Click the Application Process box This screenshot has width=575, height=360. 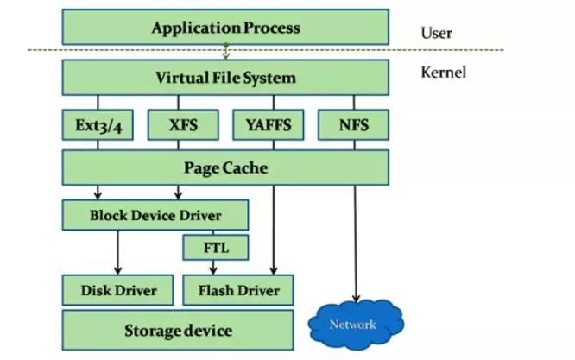pos(225,28)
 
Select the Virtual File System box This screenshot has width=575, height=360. pos(225,78)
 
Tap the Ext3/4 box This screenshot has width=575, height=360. pos(97,125)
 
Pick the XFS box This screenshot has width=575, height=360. pos(183,125)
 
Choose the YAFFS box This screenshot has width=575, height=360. pos(268,125)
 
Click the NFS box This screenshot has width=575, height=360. pos(354,125)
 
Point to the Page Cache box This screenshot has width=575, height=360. pos(225,167)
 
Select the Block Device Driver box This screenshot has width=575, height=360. pos(155,215)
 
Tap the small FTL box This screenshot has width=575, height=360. pos(214,249)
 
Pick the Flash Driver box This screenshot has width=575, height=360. pos(238,290)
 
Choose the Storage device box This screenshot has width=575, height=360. pos(178,330)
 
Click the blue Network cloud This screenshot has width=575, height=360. pos(354,325)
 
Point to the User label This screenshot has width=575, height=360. pos(436,34)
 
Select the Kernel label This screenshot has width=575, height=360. pos(443,73)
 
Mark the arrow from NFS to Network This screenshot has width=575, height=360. pos(354,242)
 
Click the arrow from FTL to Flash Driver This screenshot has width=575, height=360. pos(214,268)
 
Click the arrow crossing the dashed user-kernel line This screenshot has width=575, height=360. pos(225,52)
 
